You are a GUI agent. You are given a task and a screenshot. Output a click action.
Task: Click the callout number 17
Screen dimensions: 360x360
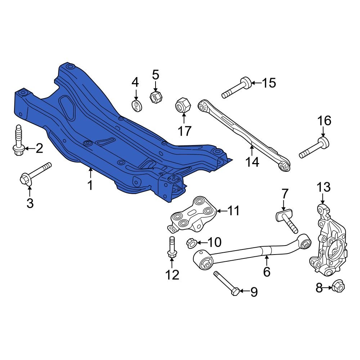pos(185,131)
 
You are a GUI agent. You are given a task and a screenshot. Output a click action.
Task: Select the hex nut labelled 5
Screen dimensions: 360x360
pos(156,96)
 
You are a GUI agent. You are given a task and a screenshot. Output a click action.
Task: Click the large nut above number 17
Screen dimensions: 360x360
pos(182,106)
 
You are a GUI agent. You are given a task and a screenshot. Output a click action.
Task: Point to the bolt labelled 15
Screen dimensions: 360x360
pos(236,88)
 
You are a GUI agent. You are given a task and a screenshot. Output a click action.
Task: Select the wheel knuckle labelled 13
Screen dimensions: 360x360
pos(328,241)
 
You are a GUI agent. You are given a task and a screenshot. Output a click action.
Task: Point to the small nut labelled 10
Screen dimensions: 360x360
pos(191,243)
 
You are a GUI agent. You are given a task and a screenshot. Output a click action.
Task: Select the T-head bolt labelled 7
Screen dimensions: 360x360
pos(288,222)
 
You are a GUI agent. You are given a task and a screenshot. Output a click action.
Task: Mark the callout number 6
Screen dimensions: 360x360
pos(266,271)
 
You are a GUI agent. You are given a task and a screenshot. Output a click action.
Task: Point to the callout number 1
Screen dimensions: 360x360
pos(90,185)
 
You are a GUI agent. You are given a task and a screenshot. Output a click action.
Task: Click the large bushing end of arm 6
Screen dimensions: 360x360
pos(203,260)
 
